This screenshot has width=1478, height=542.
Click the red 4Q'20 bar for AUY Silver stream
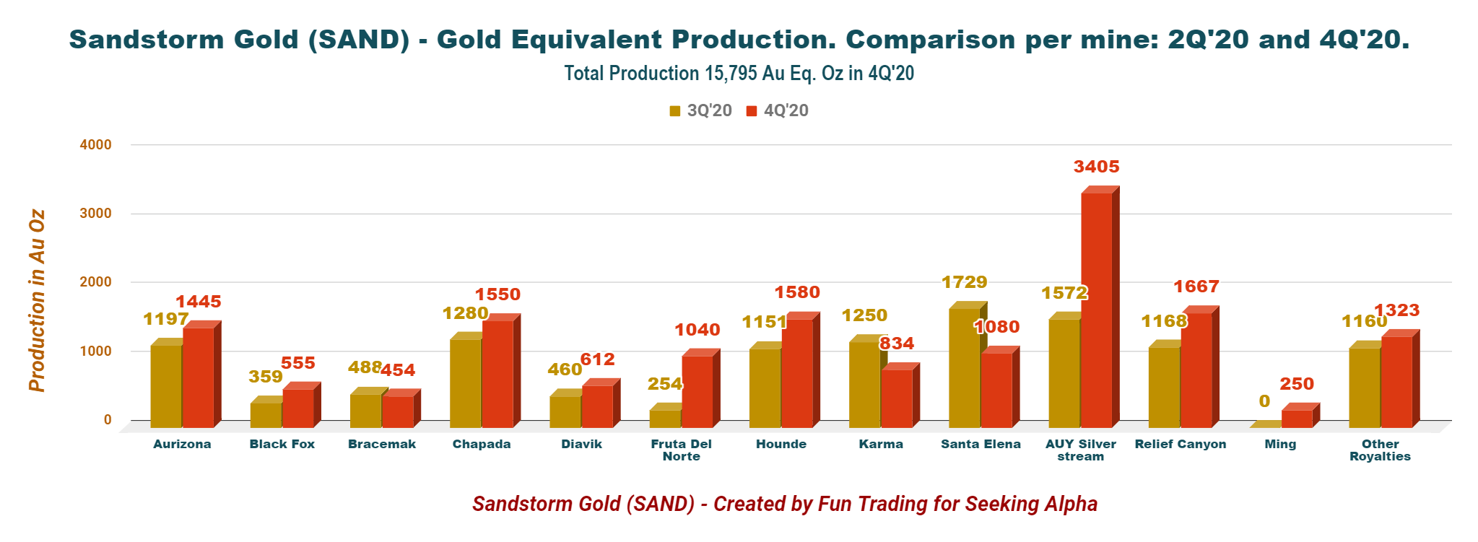1096,310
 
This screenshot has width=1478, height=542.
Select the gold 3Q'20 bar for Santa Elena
964,368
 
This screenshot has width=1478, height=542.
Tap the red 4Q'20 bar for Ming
1297,419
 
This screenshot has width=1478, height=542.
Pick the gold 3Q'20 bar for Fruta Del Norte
665,419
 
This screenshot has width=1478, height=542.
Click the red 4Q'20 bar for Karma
896,398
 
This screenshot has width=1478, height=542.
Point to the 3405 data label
1096,167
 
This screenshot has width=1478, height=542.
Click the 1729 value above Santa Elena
964,282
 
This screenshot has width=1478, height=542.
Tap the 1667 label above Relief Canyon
1196,287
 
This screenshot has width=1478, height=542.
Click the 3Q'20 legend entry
701,110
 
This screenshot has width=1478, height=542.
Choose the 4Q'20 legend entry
778,110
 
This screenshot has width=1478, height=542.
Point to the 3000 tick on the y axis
96,214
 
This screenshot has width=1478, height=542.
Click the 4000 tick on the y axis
96,144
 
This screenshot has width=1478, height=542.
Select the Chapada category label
482,444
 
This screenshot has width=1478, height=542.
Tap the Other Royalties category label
1380,450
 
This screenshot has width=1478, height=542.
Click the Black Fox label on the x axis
282,444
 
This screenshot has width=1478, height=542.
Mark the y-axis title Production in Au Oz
37,301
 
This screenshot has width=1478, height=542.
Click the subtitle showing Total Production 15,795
739,74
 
